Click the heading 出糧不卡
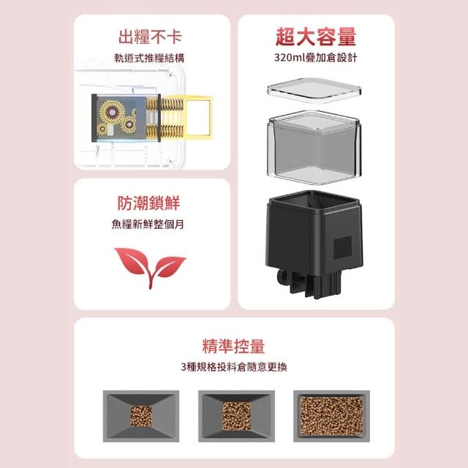coord(150,37)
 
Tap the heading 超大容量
coord(316,37)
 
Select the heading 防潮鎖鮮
coord(148,203)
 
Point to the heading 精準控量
coord(233,347)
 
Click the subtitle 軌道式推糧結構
coord(149,58)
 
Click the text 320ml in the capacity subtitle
coord(288,57)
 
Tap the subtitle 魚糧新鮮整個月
coord(148,224)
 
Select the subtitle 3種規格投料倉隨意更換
coord(234,367)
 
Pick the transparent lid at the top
coord(314,90)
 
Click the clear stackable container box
coord(315,147)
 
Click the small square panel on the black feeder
coord(342,247)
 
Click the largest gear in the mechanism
coord(112,112)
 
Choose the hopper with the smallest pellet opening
coord(141,416)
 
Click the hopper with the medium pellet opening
coord(236,416)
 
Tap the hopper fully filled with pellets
coord(331,416)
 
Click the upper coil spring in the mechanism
coord(165,105)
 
